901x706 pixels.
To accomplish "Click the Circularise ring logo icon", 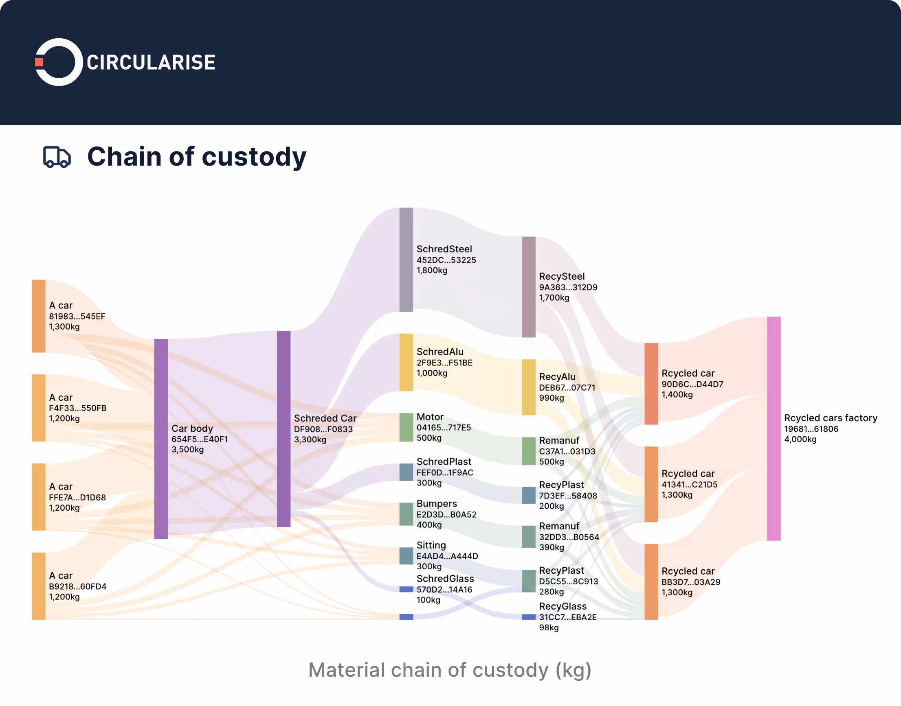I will coord(59,62).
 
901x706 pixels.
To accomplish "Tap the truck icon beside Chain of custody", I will coord(57,157).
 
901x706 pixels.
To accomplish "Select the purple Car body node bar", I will coord(161,439).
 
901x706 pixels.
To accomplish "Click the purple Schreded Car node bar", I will coord(283,428).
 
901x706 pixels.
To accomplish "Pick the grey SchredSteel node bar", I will coord(406,259).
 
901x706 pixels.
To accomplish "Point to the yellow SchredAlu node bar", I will coord(406,362).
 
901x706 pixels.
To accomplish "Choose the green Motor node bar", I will coord(406,427).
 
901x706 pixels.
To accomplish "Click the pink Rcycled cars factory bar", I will coord(774,428).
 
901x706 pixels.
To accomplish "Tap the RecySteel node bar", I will coord(529,287).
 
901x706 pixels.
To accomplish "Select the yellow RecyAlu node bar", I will coord(529,387).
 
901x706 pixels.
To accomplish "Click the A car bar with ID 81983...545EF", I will coord(38,316).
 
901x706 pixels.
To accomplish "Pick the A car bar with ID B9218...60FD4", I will coord(38,586).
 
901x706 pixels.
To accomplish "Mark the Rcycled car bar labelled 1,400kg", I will coord(651,384).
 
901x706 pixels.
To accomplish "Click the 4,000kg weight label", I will coord(800,439).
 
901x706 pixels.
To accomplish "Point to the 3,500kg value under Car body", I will coord(187,450).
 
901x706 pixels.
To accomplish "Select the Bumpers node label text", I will coord(436,503).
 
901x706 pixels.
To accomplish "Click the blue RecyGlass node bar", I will coord(529,617).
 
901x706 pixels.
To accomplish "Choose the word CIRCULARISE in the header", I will coord(151,62).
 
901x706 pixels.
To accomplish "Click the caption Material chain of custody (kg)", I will coord(450,670).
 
